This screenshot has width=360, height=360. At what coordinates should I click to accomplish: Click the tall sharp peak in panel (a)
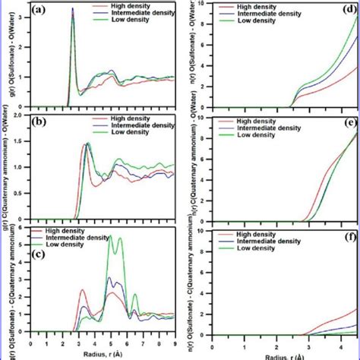click(x=72, y=11)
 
